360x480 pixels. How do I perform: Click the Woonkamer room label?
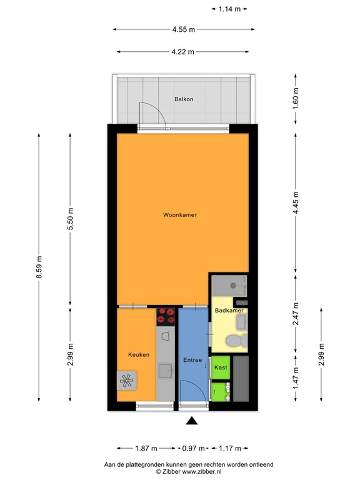[x=180, y=215]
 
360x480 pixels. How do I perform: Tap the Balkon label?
[x=184, y=99]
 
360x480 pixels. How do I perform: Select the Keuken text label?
[x=139, y=355]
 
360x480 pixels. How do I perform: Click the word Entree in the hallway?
[x=192, y=360]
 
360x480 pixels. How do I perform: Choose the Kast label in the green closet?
[x=221, y=368]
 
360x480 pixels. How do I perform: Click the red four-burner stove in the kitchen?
[x=166, y=316]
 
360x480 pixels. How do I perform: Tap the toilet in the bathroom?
[x=235, y=341]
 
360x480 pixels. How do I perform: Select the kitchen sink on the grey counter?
[x=166, y=371]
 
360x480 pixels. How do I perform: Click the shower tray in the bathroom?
[x=229, y=286]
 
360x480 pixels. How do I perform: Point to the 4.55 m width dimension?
[x=183, y=29]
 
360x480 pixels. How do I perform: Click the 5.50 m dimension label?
[x=70, y=219]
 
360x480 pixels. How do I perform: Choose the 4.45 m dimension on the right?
[x=296, y=202]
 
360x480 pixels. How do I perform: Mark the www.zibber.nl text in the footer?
[x=205, y=472]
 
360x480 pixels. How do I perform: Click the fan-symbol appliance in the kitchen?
[x=127, y=379]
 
